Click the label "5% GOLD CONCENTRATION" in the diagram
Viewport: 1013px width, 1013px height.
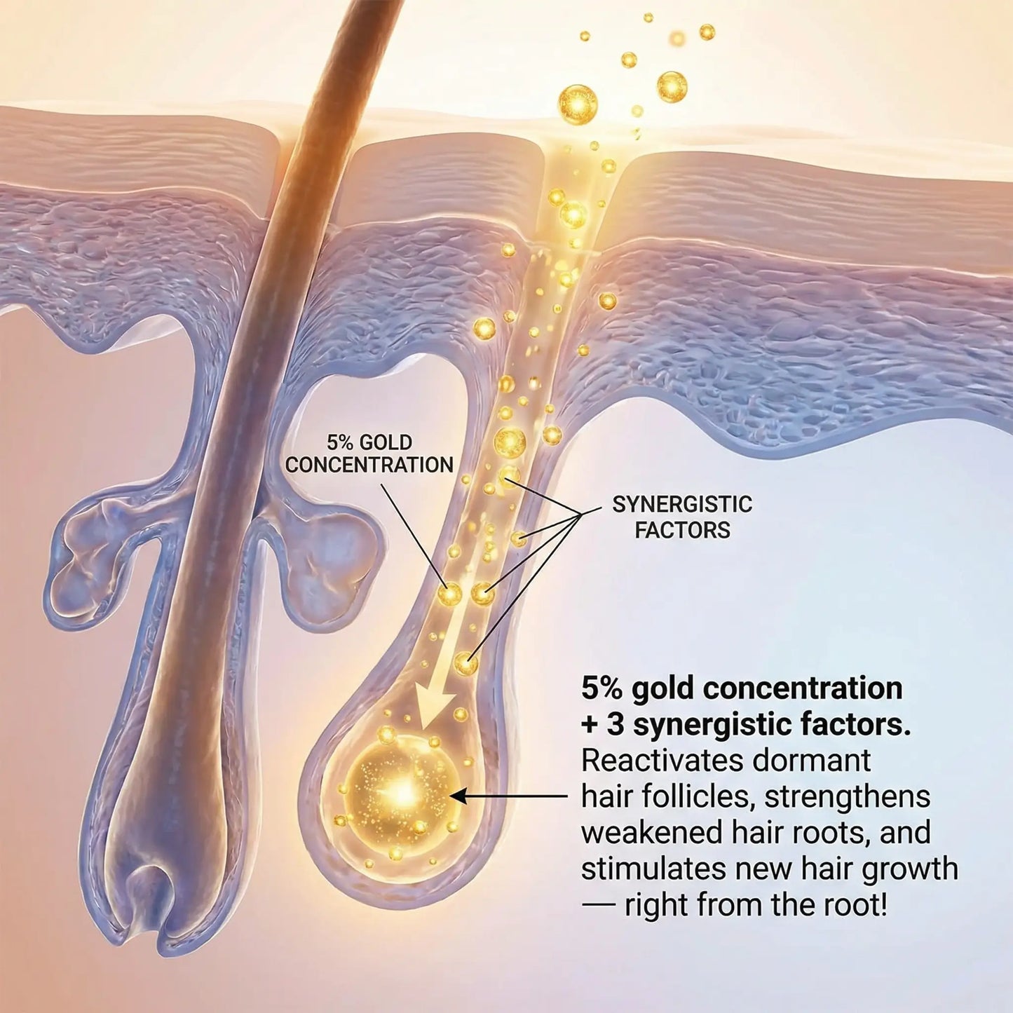tap(369, 454)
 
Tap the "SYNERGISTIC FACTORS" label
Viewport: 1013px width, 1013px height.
tap(682, 517)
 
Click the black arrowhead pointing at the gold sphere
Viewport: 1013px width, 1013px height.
tap(457, 796)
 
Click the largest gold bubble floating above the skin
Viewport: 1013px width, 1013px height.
tap(578, 104)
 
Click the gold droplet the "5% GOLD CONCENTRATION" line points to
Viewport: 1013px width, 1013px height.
tap(450, 594)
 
